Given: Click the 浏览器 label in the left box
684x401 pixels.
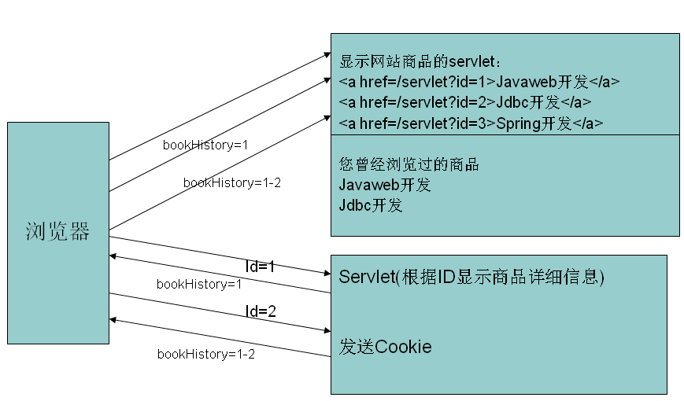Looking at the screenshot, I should pos(57,231).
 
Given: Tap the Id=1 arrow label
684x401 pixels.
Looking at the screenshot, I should pos(260,267).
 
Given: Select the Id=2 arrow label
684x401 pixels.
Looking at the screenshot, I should pos(261,311).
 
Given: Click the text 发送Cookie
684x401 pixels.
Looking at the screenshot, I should pos(385,347).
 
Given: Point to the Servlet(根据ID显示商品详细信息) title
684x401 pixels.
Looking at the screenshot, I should pos(471,277).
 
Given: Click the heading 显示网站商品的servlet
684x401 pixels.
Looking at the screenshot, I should pos(426,61).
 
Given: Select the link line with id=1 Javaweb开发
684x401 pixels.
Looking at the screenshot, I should pos(479,81).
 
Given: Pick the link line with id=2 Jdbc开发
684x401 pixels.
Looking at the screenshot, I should pos(465,102).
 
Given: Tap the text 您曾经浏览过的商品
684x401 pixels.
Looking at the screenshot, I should pos(409,165).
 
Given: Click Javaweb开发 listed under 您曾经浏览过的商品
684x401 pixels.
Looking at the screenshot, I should pos(385,186).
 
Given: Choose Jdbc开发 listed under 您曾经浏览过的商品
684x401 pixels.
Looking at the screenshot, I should pos(371,206).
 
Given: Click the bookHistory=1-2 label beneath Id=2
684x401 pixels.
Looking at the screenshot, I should pos(206,354).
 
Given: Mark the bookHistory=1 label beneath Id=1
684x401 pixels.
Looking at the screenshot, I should pos(199,284).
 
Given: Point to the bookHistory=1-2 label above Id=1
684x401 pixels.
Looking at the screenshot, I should pos(232,182).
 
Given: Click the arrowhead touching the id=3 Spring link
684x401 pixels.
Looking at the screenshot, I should pos(326,117).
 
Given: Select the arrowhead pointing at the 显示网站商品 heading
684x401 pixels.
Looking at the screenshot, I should pos(326,54).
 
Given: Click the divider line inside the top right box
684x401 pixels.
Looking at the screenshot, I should pos(505,135).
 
